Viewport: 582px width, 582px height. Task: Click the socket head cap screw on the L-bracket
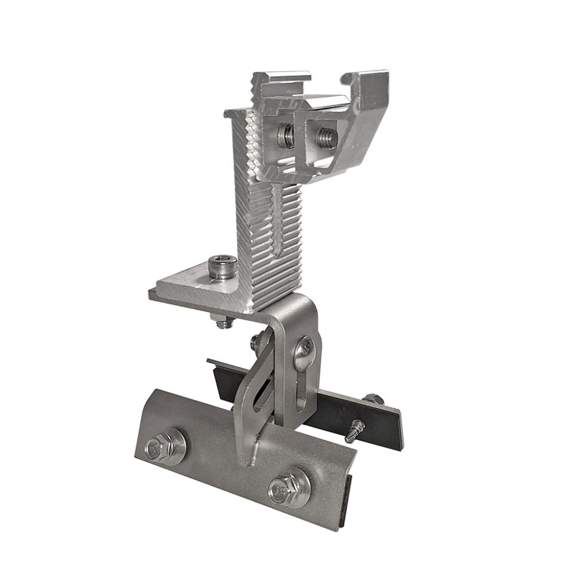pos(222,266)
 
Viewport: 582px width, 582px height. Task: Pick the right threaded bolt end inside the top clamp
pos(327,138)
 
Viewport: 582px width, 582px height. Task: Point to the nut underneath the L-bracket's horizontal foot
pos(224,323)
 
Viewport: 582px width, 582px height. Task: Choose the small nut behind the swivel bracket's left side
pos(256,342)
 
